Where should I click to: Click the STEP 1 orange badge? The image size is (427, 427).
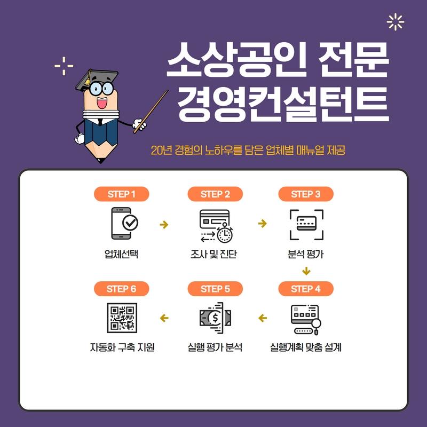tap(122, 194)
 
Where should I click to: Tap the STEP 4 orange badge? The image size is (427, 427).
tap(306, 289)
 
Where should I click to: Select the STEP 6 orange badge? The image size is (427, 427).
tap(122, 289)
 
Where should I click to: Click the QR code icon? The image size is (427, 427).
tap(122, 318)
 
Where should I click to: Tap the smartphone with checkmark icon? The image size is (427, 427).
tap(124, 223)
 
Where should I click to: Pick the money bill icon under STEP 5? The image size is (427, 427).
tap(215, 318)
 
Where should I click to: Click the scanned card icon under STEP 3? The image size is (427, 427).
tap(306, 225)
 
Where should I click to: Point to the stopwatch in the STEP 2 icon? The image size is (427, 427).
tap(225, 233)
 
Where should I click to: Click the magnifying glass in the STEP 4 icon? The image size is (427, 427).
tap(317, 326)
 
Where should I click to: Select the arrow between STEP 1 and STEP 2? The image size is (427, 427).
tap(164, 224)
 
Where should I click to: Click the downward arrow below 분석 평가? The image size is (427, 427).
tap(306, 271)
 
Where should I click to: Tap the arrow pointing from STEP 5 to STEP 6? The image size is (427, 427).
tap(164, 318)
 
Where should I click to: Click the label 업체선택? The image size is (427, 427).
tap(122, 254)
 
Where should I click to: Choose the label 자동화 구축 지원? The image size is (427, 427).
tap(122, 347)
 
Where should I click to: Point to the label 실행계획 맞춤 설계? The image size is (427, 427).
tap(305, 347)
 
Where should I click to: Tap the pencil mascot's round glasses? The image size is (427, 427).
tap(101, 88)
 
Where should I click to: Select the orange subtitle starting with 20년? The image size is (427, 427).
tap(248, 150)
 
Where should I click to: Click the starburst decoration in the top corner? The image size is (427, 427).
tap(396, 22)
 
